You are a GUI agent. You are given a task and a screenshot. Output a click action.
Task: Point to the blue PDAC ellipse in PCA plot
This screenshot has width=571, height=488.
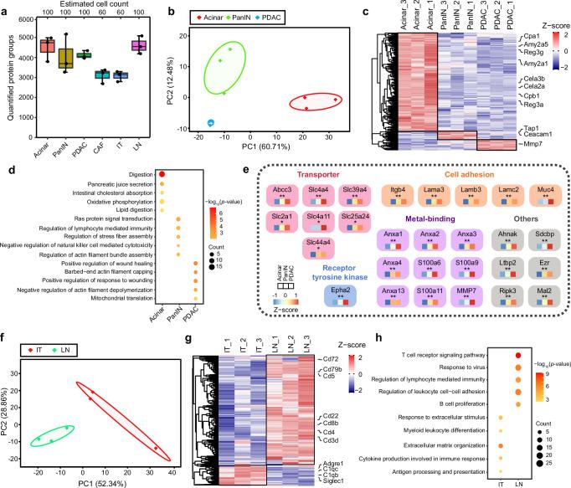click(211, 122)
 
